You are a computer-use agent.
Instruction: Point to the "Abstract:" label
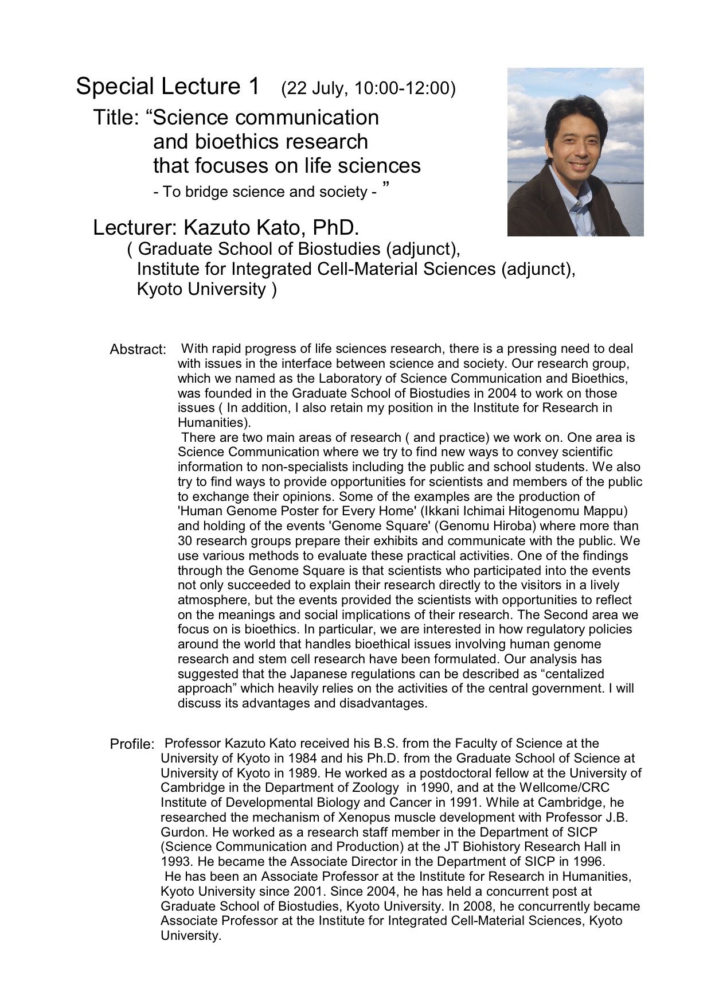pos(138,349)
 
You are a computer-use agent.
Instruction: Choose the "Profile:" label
pos(132,744)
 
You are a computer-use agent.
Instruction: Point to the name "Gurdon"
pos(183,832)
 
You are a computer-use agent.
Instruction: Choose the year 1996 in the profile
pos(586,862)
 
